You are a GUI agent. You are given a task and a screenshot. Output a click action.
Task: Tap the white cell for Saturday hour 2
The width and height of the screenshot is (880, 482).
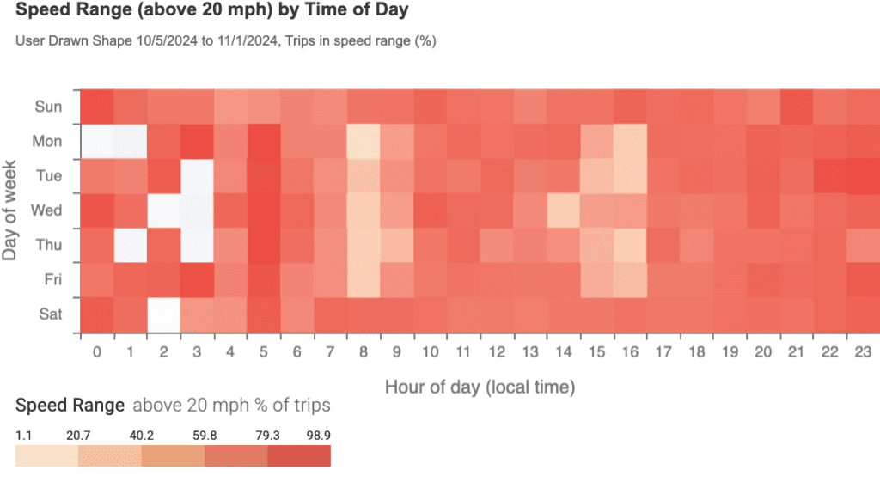coord(163,314)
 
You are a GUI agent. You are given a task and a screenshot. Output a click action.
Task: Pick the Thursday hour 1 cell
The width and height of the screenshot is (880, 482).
coord(129,245)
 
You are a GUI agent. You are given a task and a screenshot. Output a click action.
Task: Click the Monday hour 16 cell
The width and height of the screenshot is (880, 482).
coord(631,141)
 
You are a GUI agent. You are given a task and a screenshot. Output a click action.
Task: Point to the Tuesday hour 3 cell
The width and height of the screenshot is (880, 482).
coord(197,176)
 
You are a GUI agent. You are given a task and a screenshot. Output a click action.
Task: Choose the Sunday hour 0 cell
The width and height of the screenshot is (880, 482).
coord(96,107)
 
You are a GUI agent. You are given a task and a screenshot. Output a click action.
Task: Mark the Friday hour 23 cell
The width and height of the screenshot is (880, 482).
coord(863,280)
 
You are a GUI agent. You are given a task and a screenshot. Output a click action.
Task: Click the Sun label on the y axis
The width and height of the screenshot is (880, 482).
coord(48,107)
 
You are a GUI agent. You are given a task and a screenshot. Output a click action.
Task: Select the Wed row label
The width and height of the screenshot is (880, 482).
coord(47,210)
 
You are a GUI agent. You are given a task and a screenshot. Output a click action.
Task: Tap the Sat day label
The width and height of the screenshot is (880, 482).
coord(49,314)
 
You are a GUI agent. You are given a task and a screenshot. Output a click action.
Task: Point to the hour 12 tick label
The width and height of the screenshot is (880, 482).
coord(498,351)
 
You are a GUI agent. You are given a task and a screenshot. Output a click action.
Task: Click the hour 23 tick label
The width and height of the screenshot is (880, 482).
coord(863,351)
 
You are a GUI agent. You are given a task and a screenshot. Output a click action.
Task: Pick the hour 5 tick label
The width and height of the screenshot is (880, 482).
coord(263,351)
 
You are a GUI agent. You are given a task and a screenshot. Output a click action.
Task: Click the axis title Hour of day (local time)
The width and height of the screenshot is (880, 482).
coord(480,387)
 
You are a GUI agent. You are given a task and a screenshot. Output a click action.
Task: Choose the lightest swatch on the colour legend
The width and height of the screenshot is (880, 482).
coord(46,455)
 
